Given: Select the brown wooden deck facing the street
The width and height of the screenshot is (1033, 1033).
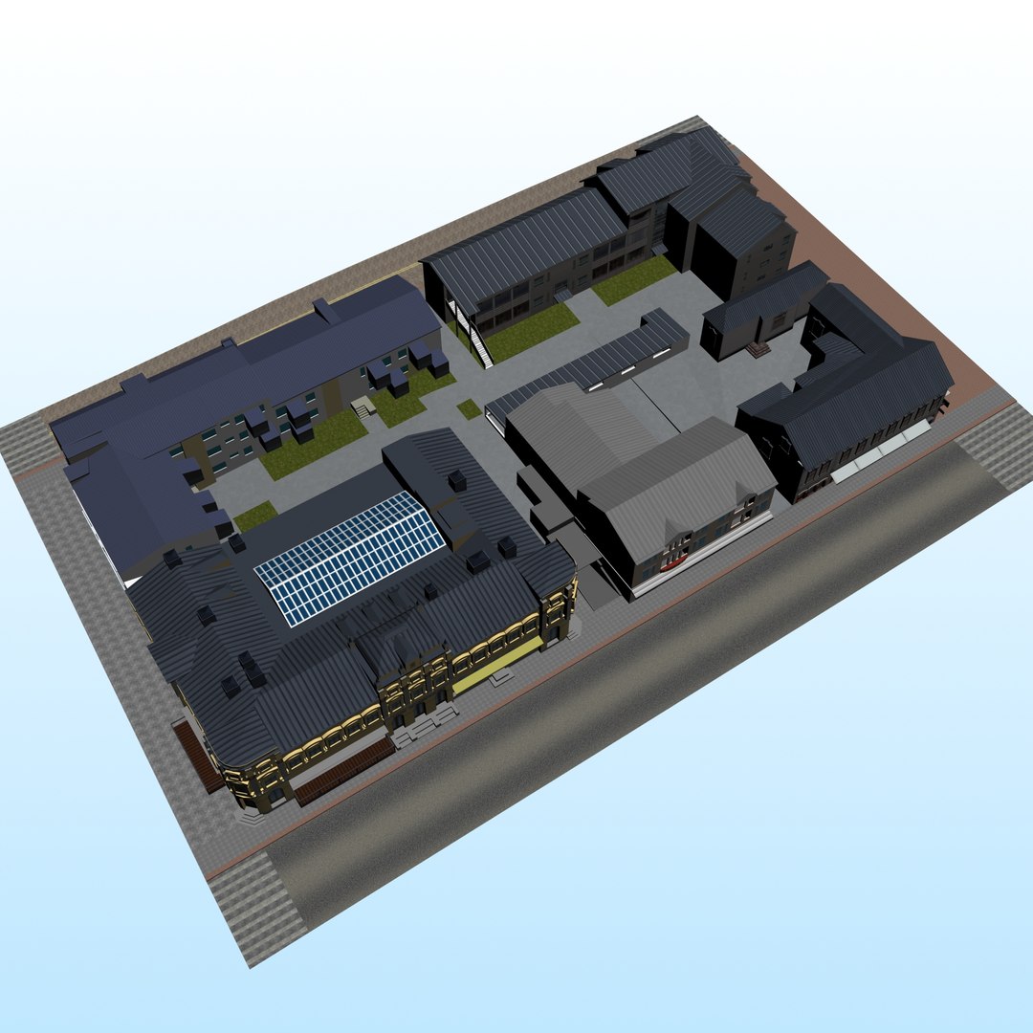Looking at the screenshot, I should coord(342,770).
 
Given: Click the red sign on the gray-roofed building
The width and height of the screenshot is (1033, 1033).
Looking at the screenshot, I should coord(675,561).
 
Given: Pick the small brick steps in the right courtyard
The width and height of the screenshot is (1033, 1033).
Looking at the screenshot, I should coord(758,350).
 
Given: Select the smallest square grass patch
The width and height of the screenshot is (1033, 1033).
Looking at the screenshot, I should coord(469,409).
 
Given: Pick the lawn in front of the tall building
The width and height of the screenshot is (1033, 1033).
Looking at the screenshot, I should coord(632,278).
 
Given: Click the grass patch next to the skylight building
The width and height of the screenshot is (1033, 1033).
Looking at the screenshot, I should coord(254,516).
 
